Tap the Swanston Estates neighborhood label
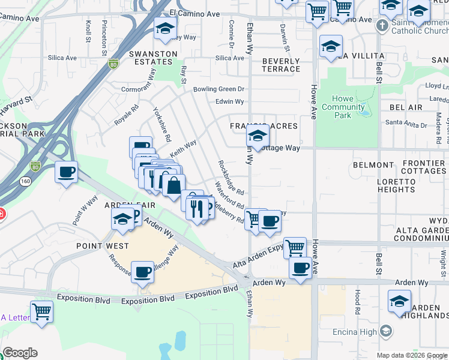pos(153,58)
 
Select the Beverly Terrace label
pos(281,65)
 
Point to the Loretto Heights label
pos(396,185)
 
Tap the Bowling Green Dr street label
pos(219,89)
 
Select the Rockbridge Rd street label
pos(231,178)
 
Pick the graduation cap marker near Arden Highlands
pos(399,301)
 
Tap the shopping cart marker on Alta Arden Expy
pos(294,247)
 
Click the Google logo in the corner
pos(20,353)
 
